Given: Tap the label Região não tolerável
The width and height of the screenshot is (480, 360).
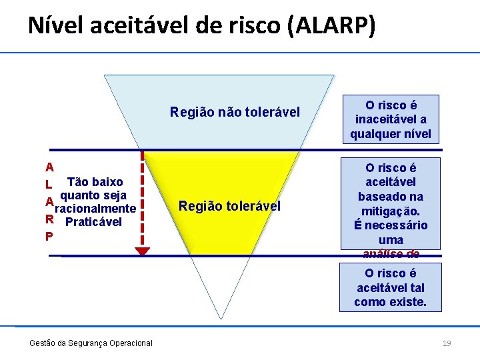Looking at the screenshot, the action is coord(235,111).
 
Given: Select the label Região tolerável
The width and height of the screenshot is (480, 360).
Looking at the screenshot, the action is coord(229,206).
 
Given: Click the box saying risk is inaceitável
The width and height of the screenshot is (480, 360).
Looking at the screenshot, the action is coord(391,119).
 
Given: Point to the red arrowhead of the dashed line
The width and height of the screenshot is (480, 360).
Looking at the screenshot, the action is coord(143,251).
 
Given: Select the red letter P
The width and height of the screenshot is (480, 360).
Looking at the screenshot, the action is coord(49,236).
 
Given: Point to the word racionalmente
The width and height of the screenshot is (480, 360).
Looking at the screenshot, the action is coord(95,209).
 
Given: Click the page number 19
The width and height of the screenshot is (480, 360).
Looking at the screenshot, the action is coord(447,343).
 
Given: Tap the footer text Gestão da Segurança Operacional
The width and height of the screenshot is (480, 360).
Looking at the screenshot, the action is coord(91,343).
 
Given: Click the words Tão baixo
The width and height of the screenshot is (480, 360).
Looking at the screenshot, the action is coord(95,182).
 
